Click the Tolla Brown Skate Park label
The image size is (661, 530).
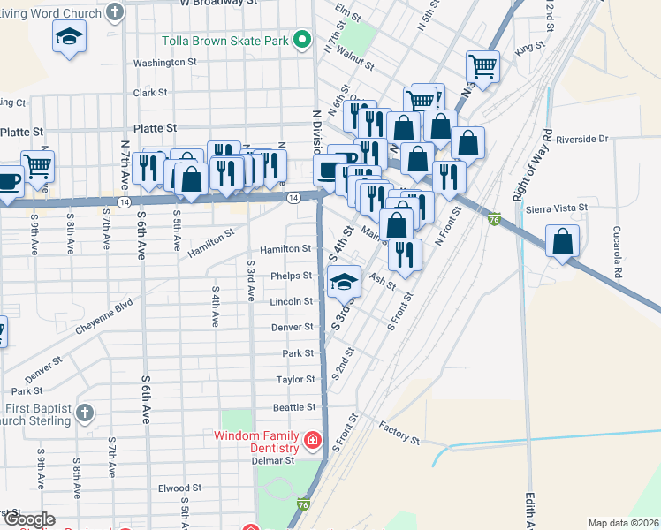click(x=225, y=41)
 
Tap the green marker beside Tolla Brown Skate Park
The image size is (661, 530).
click(x=302, y=40)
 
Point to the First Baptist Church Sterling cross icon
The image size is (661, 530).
click(x=84, y=413)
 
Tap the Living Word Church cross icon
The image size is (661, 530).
click(x=115, y=11)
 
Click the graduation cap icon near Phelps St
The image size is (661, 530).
click(x=344, y=282)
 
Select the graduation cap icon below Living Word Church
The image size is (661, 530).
click(x=69, y=38)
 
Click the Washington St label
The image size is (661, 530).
click(x=164, y=63)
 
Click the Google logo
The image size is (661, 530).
click(x=29, y=519)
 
